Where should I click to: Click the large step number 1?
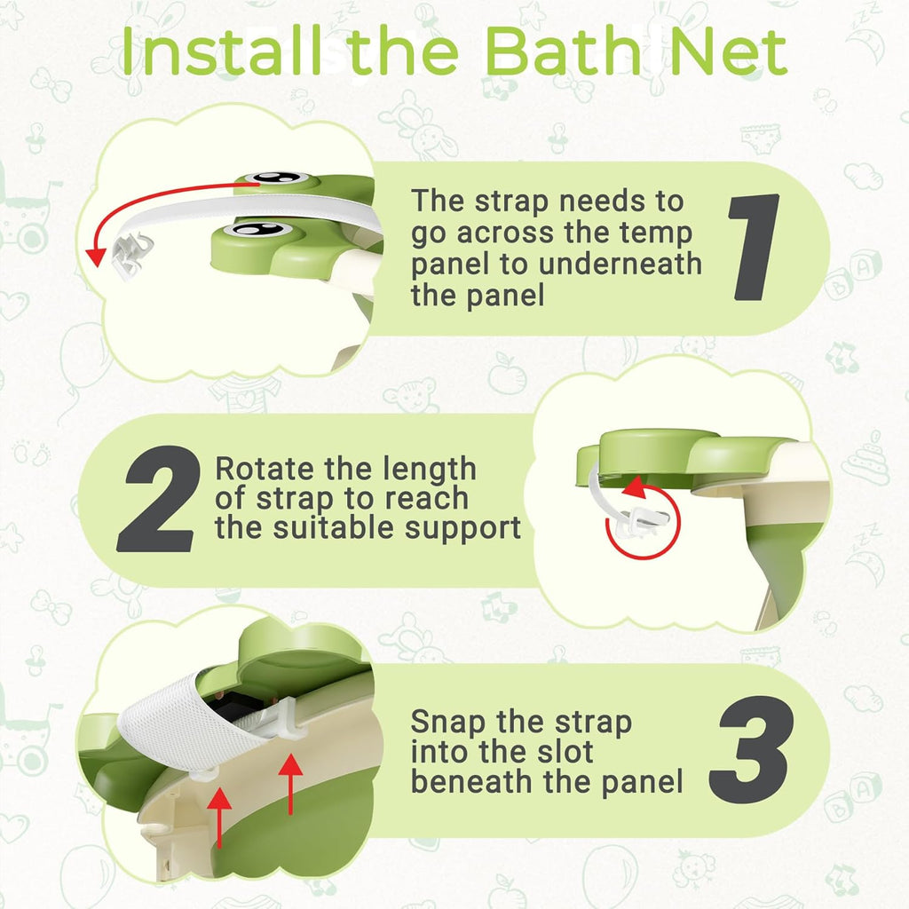point(757,248)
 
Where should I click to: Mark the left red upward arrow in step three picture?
point(220,808)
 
